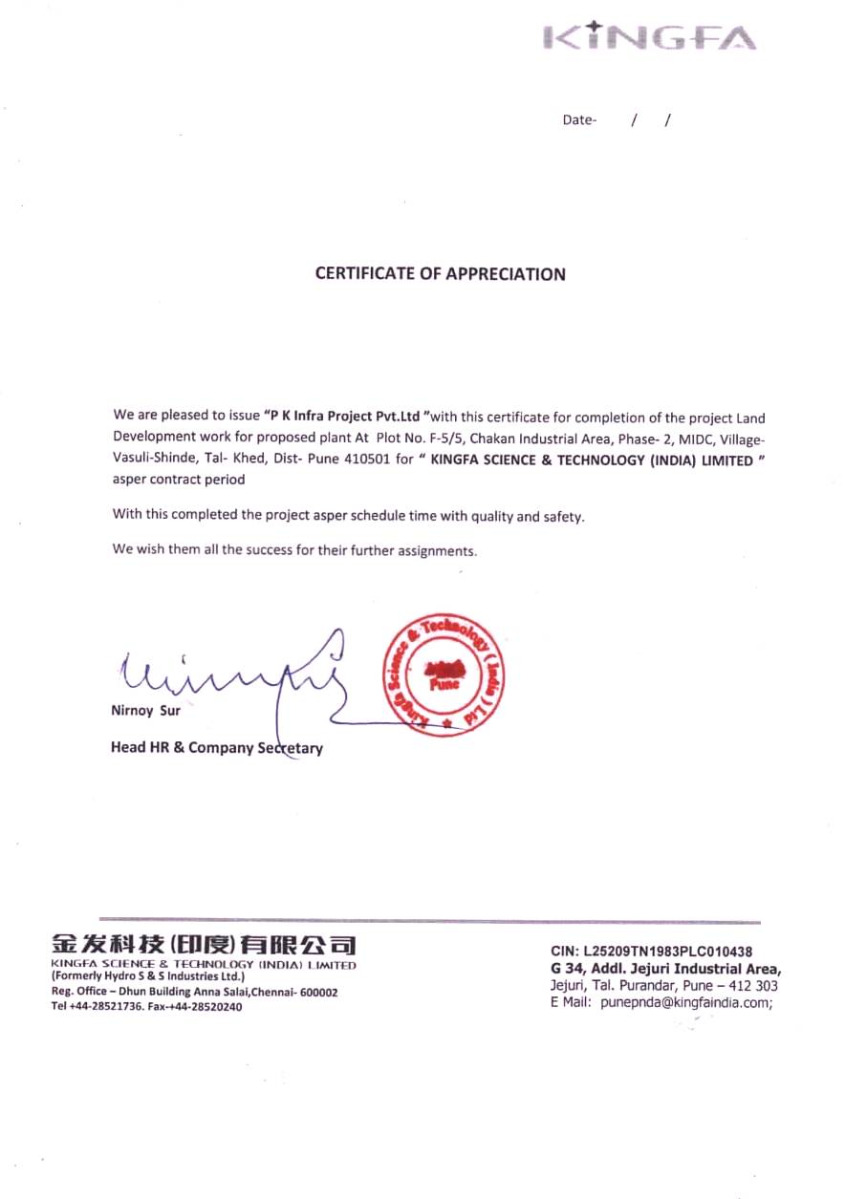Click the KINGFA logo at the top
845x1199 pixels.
[x=650, y=36]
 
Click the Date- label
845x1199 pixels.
[x=579, y=120]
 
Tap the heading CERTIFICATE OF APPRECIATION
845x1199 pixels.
[x=441, y=274]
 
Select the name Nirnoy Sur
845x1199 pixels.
[x=145, y=711]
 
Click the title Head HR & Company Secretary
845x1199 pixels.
[x=216, y=748]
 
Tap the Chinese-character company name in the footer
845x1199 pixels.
[x=204, y=946]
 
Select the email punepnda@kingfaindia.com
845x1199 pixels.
[x=685, y=1003]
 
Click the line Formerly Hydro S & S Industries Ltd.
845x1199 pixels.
[x=148, y=977]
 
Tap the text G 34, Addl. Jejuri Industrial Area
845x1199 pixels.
[x=665, y=969]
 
